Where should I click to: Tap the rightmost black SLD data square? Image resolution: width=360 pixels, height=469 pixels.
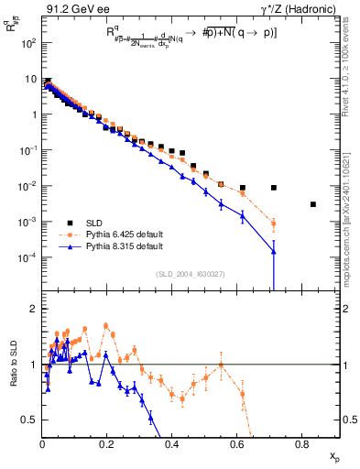click(313, 204)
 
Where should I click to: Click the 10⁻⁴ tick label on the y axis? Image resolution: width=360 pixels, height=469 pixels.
click(30, 257)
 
